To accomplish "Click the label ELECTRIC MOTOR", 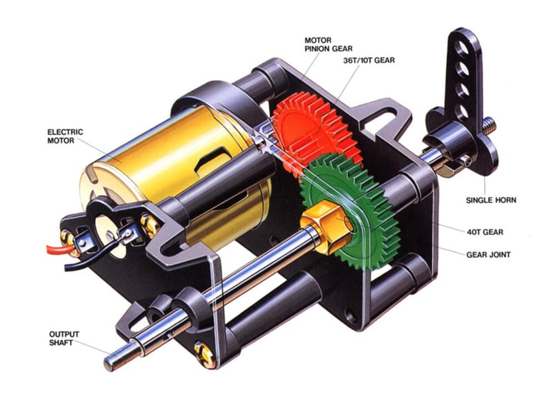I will pos(65,136).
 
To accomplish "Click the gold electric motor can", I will pos(172,165).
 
